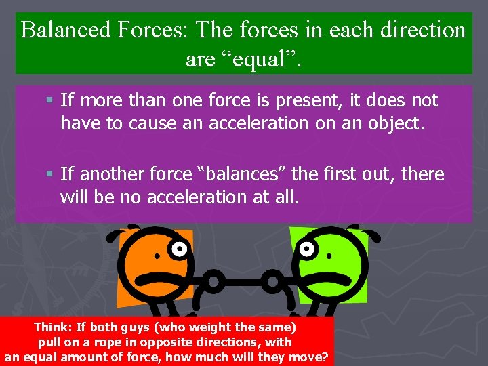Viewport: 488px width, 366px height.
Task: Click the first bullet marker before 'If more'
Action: (x=51, y=101)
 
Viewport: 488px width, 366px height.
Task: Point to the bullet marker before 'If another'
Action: (x=51, y=175)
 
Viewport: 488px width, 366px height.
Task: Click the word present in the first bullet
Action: (x=304, y=101)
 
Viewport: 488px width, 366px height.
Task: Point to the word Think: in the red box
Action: (x=54, y=327)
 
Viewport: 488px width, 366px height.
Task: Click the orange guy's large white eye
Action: (x=178, y=249)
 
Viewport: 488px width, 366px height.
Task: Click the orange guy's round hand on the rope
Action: (x=215, y=280)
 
